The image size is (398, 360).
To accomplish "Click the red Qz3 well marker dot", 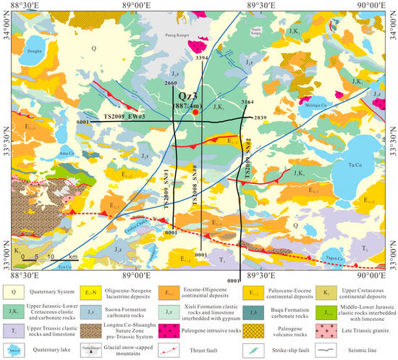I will (x=195, y=112).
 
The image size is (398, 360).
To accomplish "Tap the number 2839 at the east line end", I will (x=261, y=117).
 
